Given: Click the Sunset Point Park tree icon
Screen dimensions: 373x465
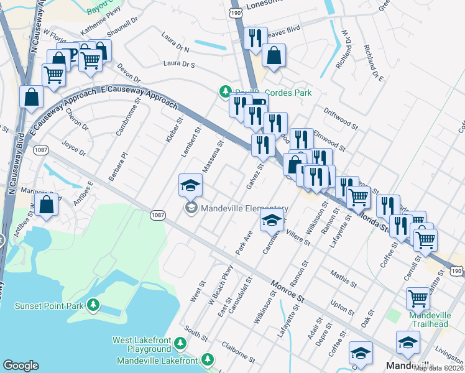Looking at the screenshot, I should coord(93,305).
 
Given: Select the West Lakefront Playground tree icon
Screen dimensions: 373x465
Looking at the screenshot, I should coord(180,343).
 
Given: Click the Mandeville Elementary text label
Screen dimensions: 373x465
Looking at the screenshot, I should coord(244,208).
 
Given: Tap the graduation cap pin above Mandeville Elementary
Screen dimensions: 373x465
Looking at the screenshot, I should coord(190,185).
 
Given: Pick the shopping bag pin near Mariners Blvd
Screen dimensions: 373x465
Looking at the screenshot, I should coord(47,204).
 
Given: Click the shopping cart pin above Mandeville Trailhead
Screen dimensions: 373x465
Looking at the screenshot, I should coord(418,298).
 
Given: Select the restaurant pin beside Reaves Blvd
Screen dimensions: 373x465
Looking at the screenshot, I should coord(256,39).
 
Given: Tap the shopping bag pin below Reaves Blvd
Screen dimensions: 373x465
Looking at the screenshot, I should coord(274,56).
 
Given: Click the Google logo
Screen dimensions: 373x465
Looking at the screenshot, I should coord(21,366).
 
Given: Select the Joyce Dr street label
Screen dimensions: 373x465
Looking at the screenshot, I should coord(73,149).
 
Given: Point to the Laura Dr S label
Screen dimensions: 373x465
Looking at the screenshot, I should coord(179,64).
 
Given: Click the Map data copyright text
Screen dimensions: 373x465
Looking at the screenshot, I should coord(438,367).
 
